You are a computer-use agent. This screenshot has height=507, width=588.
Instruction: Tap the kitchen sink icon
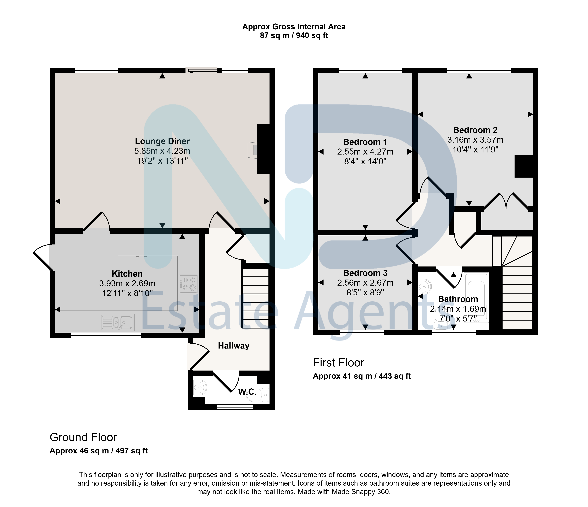pyautogui.click(x=117, y=322)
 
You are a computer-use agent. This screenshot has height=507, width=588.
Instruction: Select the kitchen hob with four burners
pyautogui.click(x=188, y=284)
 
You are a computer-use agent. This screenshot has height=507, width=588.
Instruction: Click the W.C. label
pyautogui.click(x=247, y=392)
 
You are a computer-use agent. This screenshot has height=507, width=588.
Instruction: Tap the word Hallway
pyautogui.click(x=234, y=346)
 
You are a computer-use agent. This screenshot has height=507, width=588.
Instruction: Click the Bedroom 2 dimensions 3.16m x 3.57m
pyautogui.click(x=475, y=140)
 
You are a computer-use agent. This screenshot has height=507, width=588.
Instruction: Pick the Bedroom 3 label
pyautogui.click(x=365, y=273)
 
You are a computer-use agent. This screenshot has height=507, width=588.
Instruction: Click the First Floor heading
pyautogui.click(x=339, y=363)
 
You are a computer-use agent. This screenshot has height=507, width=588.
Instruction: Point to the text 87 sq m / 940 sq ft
pyautogui.click(x=294, y=36)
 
